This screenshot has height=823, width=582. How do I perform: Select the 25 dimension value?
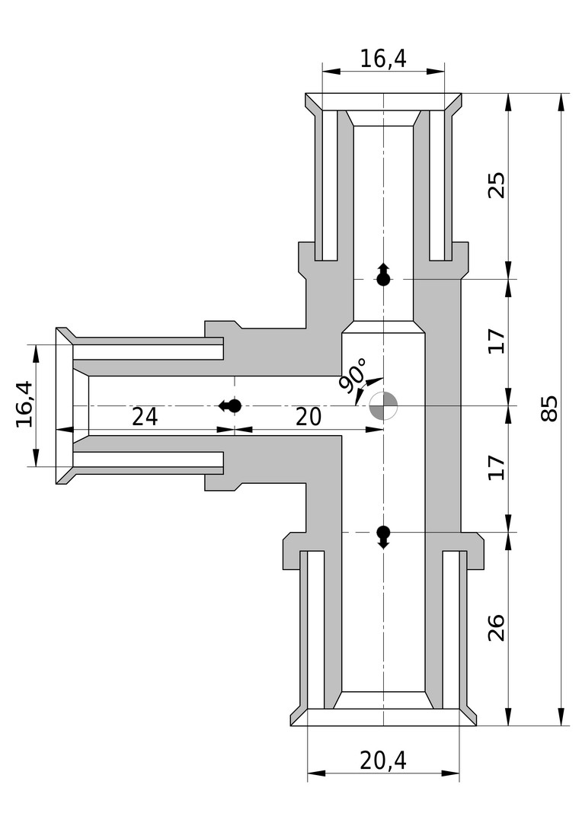(497, 184)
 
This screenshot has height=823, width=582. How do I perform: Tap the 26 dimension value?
(497, 628)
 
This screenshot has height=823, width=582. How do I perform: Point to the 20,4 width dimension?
(383, 760)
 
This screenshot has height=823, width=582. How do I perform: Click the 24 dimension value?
(145, 418)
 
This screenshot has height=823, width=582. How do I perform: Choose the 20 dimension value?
(308, 418)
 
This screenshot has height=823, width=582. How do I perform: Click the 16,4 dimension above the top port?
(383, 58)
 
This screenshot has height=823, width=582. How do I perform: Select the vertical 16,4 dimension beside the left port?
(24, 405)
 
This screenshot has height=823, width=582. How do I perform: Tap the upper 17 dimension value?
(497, 341)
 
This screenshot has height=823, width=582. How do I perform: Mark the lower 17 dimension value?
(497, 468)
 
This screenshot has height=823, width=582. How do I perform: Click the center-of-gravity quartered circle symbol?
(384, 405)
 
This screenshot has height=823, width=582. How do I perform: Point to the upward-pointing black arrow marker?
(384, 274)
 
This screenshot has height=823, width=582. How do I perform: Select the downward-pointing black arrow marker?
(384, 537)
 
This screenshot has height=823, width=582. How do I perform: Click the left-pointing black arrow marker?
(230, 405)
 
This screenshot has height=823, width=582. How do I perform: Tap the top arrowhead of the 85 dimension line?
(561, 102)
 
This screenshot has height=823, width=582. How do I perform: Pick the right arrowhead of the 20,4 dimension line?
(450, 773)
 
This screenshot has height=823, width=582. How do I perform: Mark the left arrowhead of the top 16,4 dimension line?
(331, 72)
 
